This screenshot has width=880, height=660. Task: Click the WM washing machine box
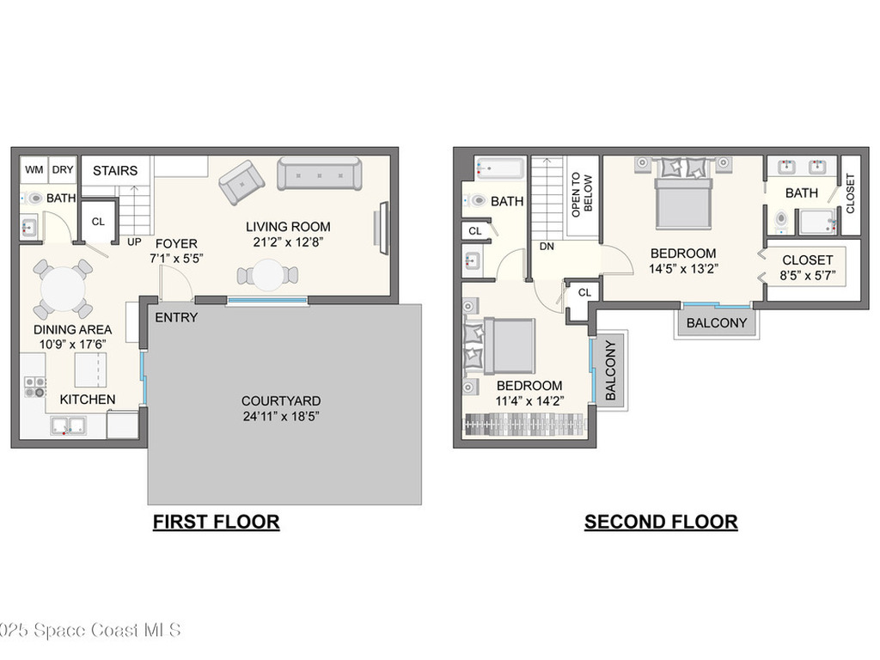pos(34,169)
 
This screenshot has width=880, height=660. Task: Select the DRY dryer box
pos(63,169)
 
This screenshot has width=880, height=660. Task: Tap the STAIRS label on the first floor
pos(115,170)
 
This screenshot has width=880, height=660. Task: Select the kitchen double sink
pos(68,425)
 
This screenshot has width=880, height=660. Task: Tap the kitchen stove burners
pos(34,387)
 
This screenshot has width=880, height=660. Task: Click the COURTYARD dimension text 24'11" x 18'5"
pos(281,418)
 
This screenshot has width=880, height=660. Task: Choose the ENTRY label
pos(176,317)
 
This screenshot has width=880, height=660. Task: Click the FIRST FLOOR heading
pos(216,521)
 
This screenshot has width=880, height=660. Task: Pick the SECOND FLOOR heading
pos(661,521)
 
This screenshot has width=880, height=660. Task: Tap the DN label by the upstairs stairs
pos(547,246)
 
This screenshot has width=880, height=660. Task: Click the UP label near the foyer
pos(135,242)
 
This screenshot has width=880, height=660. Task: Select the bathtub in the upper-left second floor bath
pos(498,168)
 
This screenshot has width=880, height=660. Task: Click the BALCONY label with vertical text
pos(610,371)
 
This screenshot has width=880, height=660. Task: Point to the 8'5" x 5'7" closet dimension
pos(807,276)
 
